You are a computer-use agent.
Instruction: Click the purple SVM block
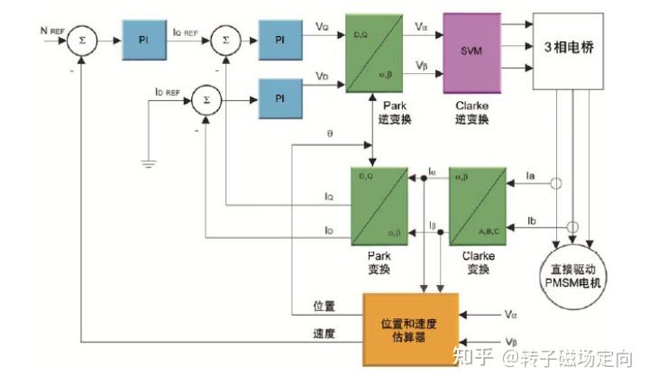coord(477,50)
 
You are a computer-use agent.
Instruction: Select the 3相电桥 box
coord(568,50)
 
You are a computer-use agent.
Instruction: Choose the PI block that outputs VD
coord(280,96)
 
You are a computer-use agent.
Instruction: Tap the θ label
coord(330,134)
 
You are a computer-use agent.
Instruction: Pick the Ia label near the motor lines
coord(531,177)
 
